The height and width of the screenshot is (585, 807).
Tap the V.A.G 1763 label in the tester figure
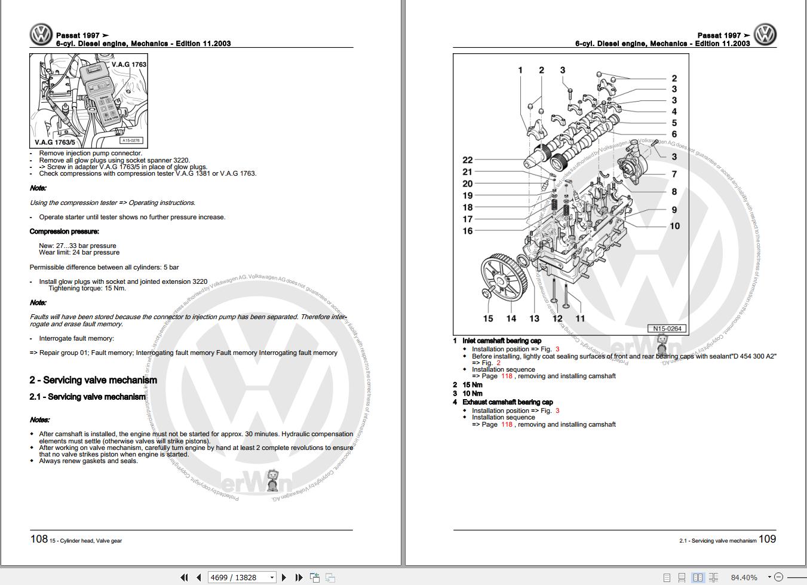click(x=128, y=65)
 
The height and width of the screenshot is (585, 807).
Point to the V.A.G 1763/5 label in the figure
click(x=55, y=142)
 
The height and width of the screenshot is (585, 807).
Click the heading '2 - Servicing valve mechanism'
click(x=93, y=380)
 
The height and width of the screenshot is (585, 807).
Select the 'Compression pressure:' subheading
click(x=65, y=231)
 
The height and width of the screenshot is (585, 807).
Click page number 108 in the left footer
click(x=39, y=539)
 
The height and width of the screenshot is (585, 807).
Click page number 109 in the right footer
click(x=767, y=539)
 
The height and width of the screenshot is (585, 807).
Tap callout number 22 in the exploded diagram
click(x=468, y=160)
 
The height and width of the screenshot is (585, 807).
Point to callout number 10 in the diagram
click(x=674, y=226)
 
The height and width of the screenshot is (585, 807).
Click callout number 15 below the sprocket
click(x=488, y=318)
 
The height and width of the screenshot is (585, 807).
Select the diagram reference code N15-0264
click(x=667, y=329)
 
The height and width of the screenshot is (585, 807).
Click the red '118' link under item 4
click(x=507, y=424)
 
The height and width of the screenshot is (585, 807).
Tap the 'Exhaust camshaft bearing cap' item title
click(x=507, y=402)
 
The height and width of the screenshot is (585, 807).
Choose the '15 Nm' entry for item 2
click(x=472, y=385)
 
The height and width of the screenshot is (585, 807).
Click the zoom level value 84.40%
click(x=744, y=577)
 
